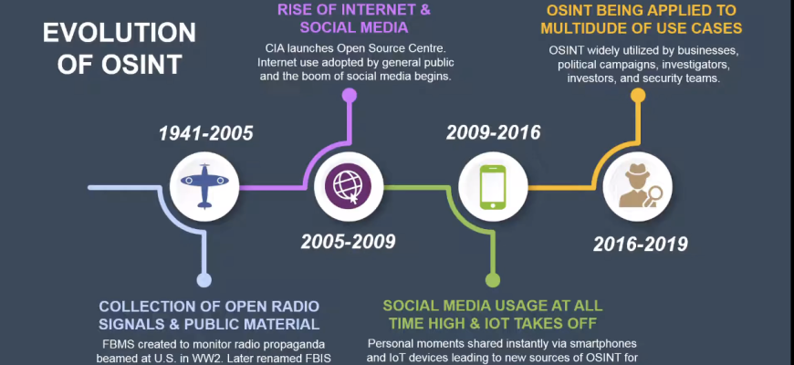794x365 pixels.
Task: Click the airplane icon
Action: click(204, 185)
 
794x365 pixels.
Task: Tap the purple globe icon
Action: click(349, 186)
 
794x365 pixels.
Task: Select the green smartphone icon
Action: click(493, 187)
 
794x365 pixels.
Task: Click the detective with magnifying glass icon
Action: click(638, 187)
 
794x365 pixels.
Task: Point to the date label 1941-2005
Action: click(206, 133)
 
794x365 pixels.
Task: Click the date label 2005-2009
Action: click(349, 242)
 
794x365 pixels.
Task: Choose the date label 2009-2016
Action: click(493, 132)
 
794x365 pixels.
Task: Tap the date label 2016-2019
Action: click(641, 244)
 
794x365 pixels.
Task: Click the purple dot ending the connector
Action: click(350, 95)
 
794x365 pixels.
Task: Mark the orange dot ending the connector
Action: click(638, 95)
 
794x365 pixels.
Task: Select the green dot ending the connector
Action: click(493, 280)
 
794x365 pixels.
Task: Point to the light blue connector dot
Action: click(204, 280)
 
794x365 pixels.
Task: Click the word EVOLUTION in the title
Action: click(120, 34)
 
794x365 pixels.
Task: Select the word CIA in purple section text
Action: click(275, 48)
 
